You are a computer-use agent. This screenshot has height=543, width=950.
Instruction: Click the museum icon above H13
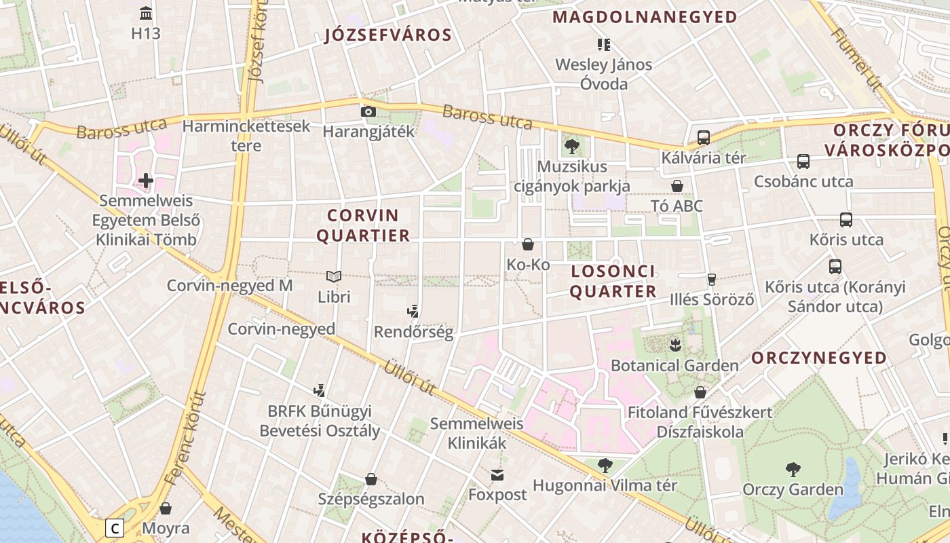click(146, 13)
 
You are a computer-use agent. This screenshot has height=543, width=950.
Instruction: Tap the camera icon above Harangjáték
click(368, 111)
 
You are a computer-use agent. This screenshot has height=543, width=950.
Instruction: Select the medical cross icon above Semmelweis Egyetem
click(146, 181)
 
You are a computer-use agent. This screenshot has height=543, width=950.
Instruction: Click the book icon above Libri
click(333, 276)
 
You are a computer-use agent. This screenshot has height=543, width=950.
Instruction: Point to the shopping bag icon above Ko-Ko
click(528, 244)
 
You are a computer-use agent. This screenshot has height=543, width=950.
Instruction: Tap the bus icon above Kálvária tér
click(704, 137)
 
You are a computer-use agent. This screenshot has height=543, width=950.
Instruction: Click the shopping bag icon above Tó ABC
click(677, 185)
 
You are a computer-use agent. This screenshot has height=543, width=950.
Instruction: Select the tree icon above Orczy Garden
click(793, 469)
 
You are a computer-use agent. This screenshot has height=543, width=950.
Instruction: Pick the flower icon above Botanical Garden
click(675, 345)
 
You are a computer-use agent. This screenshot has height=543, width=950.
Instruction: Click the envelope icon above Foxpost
click(497, 474)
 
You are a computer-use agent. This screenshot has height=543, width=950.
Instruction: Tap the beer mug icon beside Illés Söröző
click(712, 279)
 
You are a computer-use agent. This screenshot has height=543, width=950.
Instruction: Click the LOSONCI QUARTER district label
click(613, 281)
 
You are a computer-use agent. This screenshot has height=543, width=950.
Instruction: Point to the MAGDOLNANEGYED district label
click(645, 17)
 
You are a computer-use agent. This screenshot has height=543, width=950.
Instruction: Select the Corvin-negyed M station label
click(229, 286)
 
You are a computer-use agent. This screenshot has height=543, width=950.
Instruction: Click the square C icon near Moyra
click(115, 527)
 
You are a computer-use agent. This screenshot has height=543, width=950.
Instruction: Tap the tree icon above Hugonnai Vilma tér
click(605, 465)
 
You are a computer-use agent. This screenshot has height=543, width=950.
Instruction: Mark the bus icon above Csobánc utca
click(803, 162)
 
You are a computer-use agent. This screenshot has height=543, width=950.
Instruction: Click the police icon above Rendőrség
click(413, 312)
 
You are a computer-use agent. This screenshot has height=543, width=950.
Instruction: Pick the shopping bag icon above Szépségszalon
click(371, 479)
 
